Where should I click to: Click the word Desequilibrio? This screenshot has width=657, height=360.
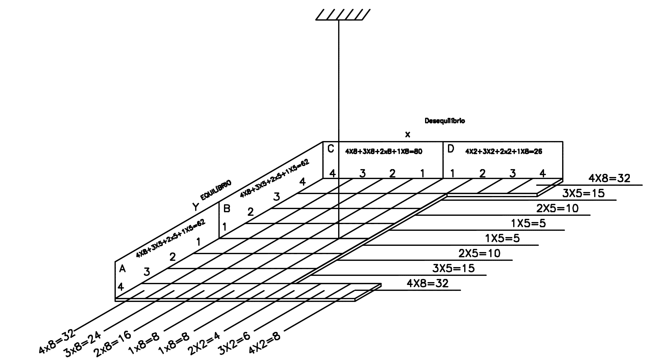[x=444, y=121]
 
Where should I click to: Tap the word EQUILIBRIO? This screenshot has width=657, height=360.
[x=216, y=190]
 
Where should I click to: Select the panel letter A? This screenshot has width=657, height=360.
[x=122, y=269]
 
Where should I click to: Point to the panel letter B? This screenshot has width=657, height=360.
[x=227, y=208]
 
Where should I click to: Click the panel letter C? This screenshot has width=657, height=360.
[x=331, y=149]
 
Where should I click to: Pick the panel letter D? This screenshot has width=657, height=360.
[x=450, y=149]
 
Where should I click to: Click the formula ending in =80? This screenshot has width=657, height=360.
[x=384, y=151]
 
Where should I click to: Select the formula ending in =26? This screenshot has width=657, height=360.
[x=504, y=151]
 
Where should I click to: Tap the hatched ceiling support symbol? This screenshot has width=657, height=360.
[x=343, y=15]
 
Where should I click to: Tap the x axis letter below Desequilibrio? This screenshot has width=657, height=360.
[x=408, y=134]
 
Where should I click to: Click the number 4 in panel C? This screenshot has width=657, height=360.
[x=333, y=173]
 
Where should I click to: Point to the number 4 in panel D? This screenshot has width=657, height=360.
[x=543, y=173]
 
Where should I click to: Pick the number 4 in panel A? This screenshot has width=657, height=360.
[x=121, y=286]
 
